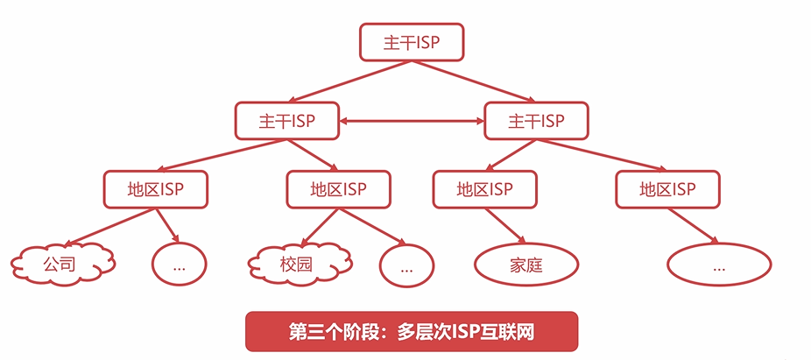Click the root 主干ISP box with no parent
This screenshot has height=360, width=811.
(x=411, y=43)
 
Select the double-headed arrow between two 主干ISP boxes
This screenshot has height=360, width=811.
(x=411, y=121)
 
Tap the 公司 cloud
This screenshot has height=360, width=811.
(x=61, y=262)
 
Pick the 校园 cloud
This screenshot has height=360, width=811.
(x=297, y=262)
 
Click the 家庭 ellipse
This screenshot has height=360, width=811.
(x=526, y=264)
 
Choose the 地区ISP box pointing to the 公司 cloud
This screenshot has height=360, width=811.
(x=156, y=189)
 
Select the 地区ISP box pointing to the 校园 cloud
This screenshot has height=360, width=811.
(x=338, y=189)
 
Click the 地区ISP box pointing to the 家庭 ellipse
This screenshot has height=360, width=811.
(x=484, y=189)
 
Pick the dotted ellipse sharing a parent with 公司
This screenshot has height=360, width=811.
(x=179, y=264)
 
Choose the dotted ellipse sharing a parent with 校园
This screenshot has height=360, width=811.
(x=406, y=265)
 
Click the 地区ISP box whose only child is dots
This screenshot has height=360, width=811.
(x=667, y=189)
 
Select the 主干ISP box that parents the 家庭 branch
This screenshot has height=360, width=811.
(x=536, y=121)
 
